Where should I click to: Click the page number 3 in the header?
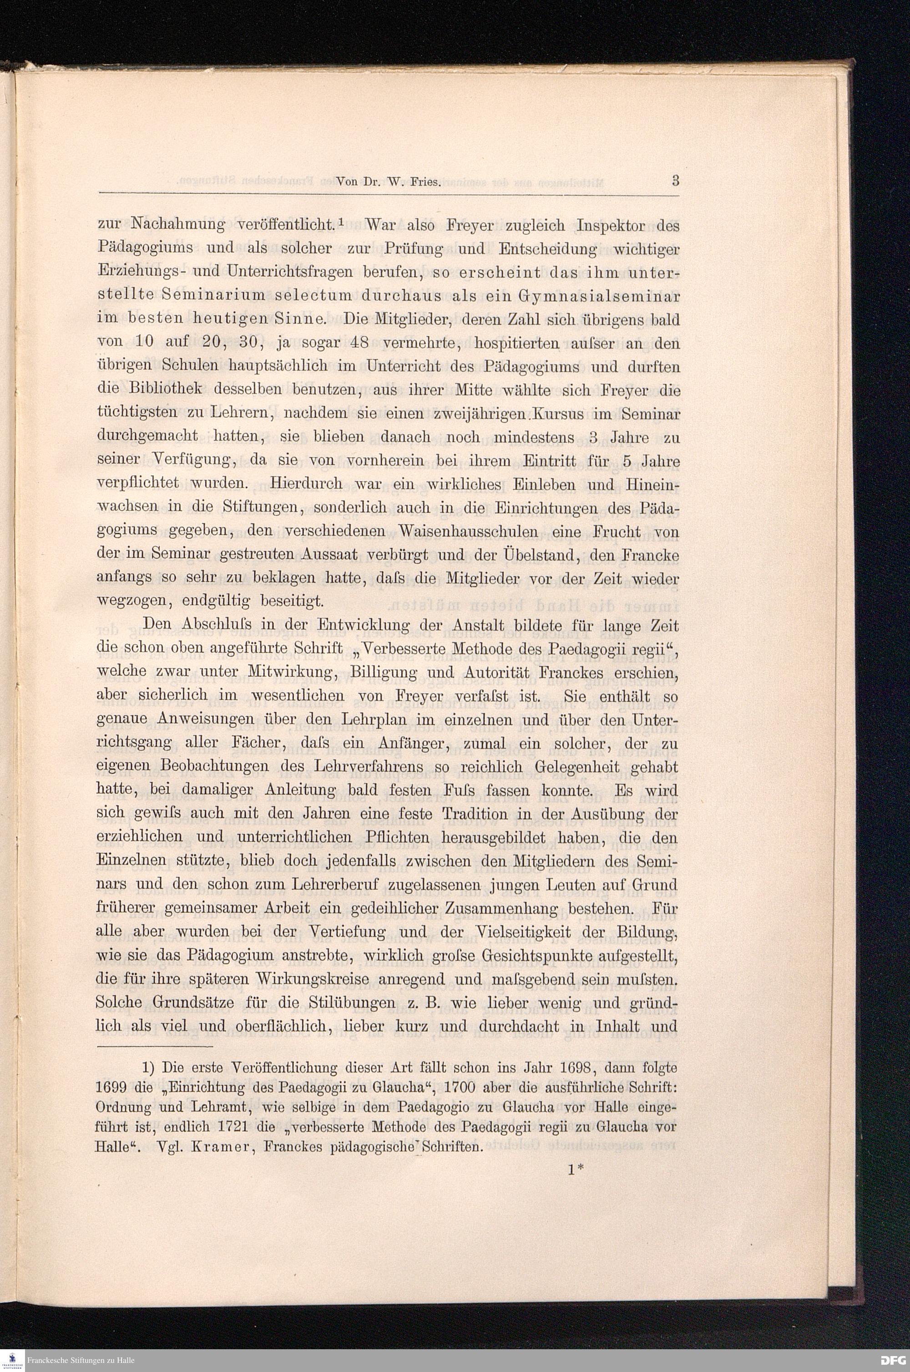click(675, 181)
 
